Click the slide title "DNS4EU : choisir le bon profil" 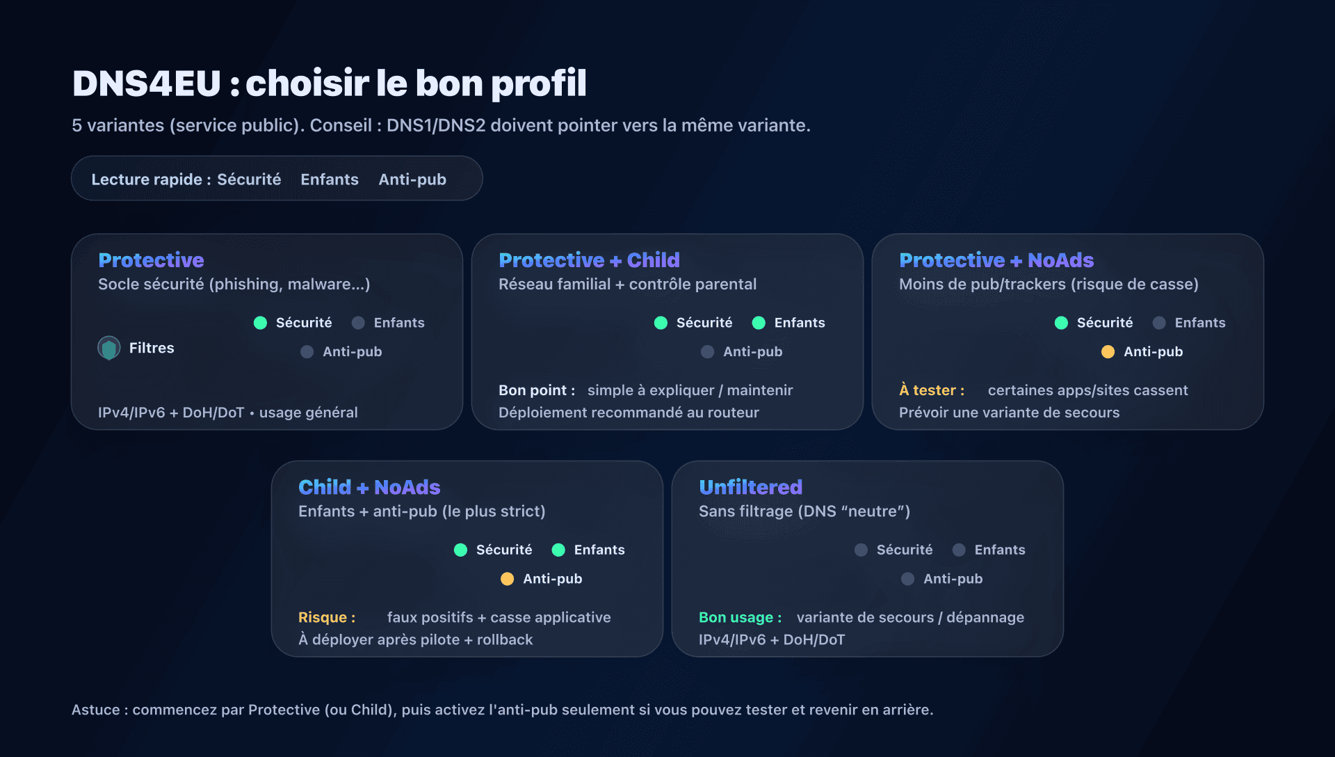329,83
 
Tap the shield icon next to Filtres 109,348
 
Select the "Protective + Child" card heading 589,260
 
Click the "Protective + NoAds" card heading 996,260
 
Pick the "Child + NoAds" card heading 369,487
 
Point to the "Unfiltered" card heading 750,487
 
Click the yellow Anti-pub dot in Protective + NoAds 1108,352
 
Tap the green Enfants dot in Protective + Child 759,323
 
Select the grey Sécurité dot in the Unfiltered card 861,550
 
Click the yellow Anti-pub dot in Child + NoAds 507,579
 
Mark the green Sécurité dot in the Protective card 261,323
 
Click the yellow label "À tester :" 931,390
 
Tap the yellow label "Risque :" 327,617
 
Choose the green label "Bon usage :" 740,617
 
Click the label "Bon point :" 536,390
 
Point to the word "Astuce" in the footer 96,710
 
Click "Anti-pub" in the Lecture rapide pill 412,180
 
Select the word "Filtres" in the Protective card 152,348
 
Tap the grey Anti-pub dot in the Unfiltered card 907,579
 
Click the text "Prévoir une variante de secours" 1009,413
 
